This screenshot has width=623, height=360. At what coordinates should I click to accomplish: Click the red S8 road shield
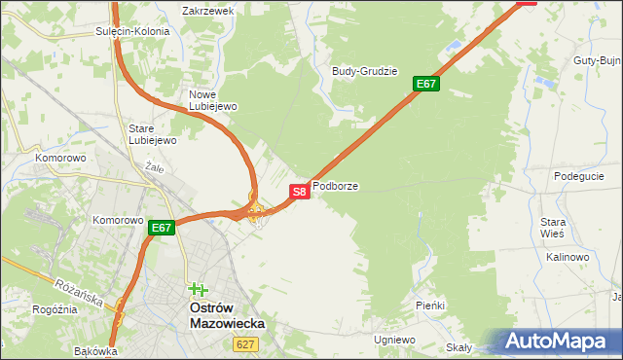point(300,192)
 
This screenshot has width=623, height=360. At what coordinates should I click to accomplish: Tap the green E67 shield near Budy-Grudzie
point(426,84)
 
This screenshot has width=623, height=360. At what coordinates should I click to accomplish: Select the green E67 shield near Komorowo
point(162,229)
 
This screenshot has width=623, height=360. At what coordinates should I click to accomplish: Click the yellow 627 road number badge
point(245,344)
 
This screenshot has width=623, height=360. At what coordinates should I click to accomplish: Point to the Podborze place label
point(335,185)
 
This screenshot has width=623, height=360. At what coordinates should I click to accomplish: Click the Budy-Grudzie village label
point(365,71)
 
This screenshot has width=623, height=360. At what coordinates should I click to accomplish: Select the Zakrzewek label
point(208,12)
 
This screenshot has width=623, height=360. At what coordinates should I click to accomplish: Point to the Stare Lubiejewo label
point(152,134)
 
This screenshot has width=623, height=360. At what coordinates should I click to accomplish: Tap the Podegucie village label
point(579,176)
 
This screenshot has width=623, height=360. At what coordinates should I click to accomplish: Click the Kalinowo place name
point(568,257)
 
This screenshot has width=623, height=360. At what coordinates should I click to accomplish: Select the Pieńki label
point(429,306)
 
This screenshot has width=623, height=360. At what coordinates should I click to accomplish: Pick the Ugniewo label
point(394,340)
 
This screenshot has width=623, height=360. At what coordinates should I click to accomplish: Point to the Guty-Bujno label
point(597,60)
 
